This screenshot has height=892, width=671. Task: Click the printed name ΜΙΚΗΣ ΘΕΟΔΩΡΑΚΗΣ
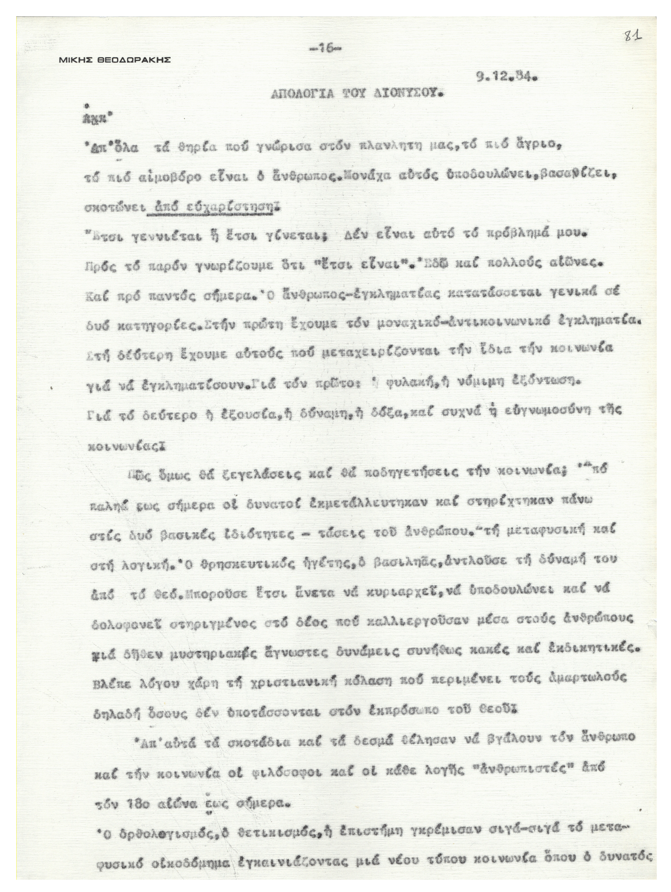[x=115, y=60]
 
